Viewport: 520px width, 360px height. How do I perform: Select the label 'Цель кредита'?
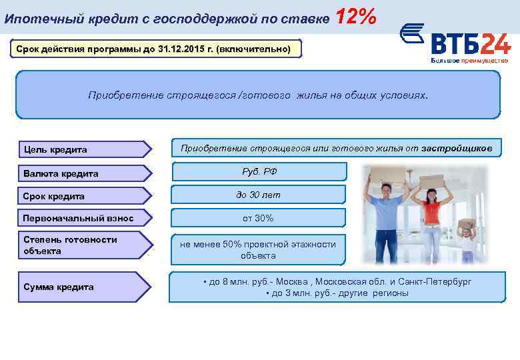click(x=55, y=149)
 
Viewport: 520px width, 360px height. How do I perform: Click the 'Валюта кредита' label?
click(x=61, y=173)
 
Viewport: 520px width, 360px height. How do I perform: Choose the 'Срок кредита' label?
click(x=53, y=197)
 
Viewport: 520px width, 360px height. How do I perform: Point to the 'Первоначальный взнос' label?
click(x=78, y=218)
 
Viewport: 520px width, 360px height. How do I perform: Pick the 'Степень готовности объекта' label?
click(x=70, y=245)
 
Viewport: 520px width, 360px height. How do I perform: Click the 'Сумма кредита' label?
click(x=58, y=287)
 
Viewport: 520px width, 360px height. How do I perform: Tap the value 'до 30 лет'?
click(x=258, y=195)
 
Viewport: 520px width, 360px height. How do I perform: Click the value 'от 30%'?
click(x=258, y=218)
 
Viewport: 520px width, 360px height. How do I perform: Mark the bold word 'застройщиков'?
click(x=457, y=147)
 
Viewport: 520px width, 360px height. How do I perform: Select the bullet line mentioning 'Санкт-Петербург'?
click(x=337, y=281)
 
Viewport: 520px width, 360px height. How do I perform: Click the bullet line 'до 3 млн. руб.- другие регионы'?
click(x=337, y=293)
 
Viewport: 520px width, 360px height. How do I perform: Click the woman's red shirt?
click(x=432, y=213)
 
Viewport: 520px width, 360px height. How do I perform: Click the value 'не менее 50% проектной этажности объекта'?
click(x=258, y=250)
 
